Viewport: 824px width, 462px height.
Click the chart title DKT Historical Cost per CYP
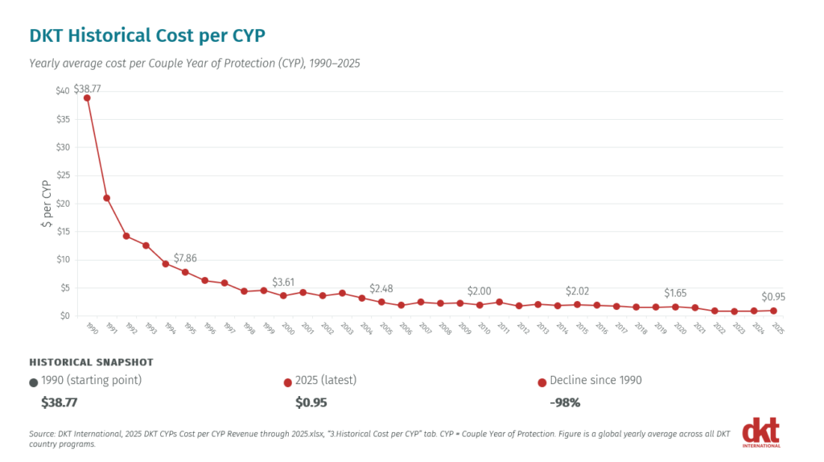(147, 35)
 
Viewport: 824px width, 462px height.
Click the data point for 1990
(87, 98)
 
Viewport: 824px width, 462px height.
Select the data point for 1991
(107, 198)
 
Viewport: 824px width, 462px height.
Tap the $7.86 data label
(185, 258)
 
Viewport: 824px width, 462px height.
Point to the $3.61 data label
(283, 283)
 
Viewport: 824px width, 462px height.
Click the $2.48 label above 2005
(381, 289)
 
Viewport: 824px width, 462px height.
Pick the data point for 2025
(773, 311)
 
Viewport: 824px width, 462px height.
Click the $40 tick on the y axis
(63, 91)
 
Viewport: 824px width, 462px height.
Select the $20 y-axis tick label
(63, 204)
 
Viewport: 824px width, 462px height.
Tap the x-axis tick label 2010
(484, 328)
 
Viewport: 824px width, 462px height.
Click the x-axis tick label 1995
(190, 328)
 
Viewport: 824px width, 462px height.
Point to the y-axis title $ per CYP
(46, 204)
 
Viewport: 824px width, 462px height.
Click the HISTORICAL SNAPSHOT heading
(92, 362)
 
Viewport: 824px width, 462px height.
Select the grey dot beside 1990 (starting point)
(34, 382)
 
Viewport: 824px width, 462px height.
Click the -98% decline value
(565, 402)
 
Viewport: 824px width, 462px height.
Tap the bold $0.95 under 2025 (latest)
(311, 402)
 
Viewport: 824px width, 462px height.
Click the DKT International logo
(761, 432)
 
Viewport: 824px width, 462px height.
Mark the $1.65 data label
(675, 293)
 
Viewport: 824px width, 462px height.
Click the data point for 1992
(126, 236)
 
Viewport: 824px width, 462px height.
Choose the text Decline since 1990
(595, 380)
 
